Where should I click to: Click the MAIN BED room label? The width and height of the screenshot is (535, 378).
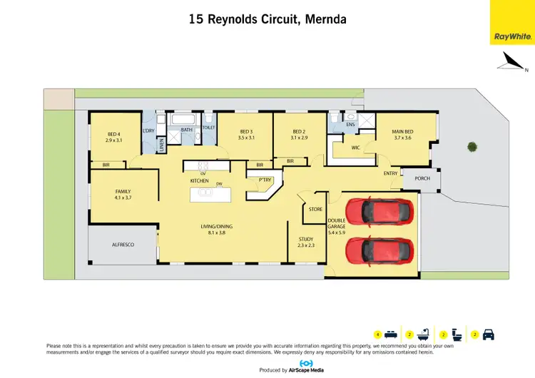(x=402, y=134)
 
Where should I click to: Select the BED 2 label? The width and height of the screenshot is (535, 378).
(x=300, y=134)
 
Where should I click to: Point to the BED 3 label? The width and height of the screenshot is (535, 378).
(x=246, y=134)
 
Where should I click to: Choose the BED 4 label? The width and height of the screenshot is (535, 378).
(x=114, y=137)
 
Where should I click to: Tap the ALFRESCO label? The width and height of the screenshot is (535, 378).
(x=123, y=245)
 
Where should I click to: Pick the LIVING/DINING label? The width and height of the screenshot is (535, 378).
(x=220, y=230)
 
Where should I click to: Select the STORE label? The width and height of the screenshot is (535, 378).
(x=315, y=209)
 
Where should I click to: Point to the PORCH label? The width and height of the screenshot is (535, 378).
(x=422, y=178)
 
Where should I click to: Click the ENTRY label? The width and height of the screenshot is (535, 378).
(x=390, y=173)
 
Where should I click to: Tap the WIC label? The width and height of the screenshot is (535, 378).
(x=355, y=148)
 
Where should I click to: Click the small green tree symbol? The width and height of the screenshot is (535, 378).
(x=472, y=148)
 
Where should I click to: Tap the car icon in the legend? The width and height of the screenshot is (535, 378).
(x=489, y=334)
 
